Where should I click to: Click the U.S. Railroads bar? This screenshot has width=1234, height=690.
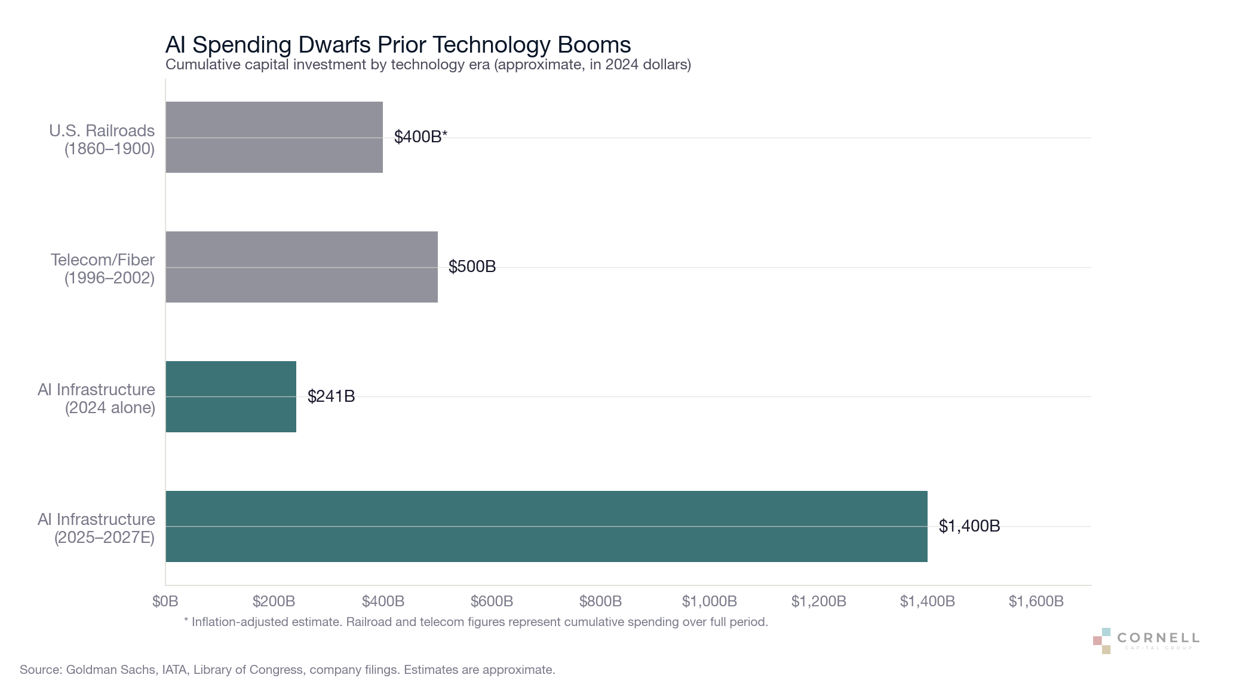tap(274, 137)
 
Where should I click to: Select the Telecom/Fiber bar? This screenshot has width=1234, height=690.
tap(302, 267)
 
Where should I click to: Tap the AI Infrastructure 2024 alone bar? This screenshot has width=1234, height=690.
tap(231, 396)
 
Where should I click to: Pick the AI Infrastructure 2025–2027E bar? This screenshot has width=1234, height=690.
tap(547, 526)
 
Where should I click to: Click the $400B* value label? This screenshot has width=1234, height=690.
tap(420, 137)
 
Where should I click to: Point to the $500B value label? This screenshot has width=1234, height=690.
tap(472, 267)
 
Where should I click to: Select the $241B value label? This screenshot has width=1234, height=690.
tap(331, 396)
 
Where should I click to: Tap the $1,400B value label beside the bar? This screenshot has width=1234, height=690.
tap(969, 526)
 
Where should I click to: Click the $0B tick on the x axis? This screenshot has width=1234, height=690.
tap(165, 602)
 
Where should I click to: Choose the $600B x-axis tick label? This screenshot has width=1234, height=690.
tap(492, 602)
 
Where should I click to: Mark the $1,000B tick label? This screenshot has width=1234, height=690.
tap(709, 602)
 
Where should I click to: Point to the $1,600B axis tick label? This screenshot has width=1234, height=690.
tap(1036, 602)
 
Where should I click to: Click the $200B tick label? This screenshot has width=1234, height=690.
tap(274, 602)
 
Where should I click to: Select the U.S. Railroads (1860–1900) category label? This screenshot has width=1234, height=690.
tap(102, 139)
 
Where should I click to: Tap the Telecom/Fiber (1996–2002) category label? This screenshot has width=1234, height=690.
tap(103, 268)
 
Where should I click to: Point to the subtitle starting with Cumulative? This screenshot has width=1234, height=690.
tap(428, 65)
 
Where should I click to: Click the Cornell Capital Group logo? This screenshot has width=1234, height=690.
tap(1146, 640)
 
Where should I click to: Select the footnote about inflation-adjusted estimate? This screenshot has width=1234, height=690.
tap(475, 622)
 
